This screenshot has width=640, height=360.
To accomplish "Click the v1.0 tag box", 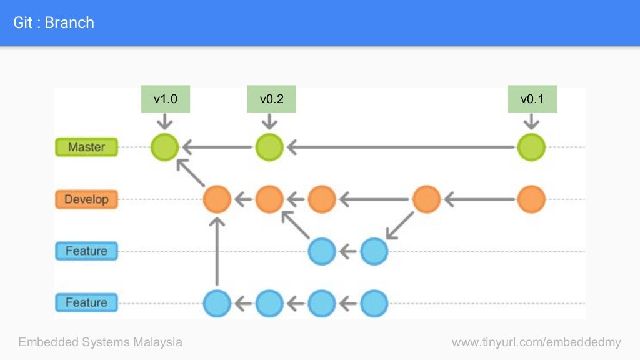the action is (165, 99).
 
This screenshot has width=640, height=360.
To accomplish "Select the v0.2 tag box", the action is (271, 99).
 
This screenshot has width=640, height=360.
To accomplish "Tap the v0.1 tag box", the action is (532, 99).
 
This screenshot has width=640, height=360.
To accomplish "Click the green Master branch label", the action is (86, 147).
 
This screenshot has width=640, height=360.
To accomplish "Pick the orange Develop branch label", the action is (86, 200).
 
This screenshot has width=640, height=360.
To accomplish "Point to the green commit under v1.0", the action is (165, 147).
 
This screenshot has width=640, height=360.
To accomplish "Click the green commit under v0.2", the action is (269, 147).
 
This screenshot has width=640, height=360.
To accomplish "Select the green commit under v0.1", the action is (531, 147).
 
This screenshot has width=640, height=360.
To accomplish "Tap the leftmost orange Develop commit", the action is (217, 200).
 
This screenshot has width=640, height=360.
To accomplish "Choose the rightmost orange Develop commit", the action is (531, 200).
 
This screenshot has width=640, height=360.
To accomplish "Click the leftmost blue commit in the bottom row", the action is (217, 304).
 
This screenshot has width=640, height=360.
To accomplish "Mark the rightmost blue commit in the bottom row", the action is (374, 304).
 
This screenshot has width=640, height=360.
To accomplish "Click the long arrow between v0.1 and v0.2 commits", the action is (400, 147).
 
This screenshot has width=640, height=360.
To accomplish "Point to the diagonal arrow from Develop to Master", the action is (191, 173).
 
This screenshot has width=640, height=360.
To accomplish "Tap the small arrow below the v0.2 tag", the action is (270, 121).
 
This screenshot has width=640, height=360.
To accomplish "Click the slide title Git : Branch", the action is (54, 23).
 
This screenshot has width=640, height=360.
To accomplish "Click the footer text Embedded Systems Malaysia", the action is (100, 342).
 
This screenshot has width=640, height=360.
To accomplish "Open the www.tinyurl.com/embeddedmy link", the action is (536, 342).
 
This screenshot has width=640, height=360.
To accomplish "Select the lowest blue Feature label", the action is (86, 303).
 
